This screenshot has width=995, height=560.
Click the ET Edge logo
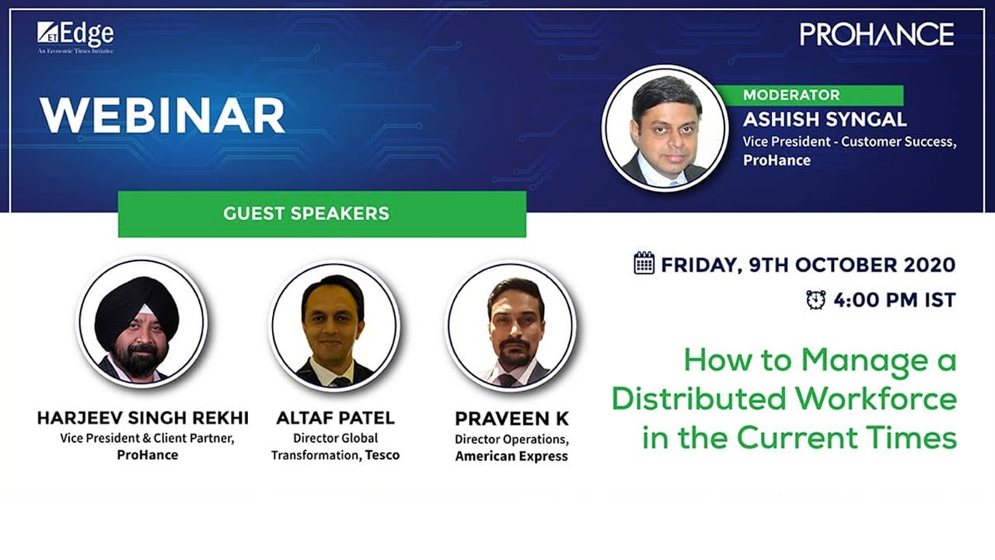click(75, 36)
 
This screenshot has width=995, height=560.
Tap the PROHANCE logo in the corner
click(876, 34)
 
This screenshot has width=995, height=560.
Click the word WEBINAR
click(162, 115)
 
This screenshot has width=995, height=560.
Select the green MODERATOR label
click(791, 96)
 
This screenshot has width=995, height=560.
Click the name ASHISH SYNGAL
click(825, 120)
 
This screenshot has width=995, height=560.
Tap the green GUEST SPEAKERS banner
click(322, 213)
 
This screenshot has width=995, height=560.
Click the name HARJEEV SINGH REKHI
click(143, 418)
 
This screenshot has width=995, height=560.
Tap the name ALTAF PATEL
click(335, 418)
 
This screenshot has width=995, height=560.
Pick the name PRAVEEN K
click(511, 419)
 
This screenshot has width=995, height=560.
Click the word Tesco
click(382, 455)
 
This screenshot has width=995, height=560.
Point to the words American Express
click(511, 457)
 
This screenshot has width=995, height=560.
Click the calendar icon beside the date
click(644, 263)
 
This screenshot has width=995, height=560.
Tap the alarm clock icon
click(815, 299)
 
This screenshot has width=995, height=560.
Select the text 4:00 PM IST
click(894, 300)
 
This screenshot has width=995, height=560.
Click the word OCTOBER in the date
click(841, 264)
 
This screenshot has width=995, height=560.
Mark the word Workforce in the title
click(875, 398)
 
